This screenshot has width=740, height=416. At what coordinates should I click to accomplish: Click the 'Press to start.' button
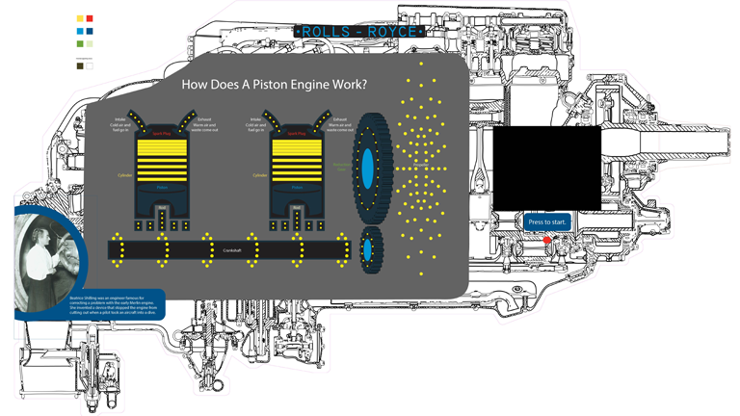click(x=548, y=222)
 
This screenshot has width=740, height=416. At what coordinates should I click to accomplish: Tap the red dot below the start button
click(x=547, y=239)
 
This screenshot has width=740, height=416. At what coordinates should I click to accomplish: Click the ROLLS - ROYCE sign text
click(x=358, y=32)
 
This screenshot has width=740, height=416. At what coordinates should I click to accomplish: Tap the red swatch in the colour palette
click(x=91, y=18)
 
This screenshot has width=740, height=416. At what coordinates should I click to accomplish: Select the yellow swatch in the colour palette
click(x=80, y=18)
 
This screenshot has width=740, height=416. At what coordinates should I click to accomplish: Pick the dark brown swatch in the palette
click(x=80, y=66)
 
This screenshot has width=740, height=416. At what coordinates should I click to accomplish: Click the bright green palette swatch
click(x=80, y=42)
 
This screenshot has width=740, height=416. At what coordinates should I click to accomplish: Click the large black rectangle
click(x=546, y=167)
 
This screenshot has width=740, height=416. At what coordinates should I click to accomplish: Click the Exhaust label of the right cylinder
click(x=339, y=120)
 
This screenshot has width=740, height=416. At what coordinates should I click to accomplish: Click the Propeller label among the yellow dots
click(x=420, y=166)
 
